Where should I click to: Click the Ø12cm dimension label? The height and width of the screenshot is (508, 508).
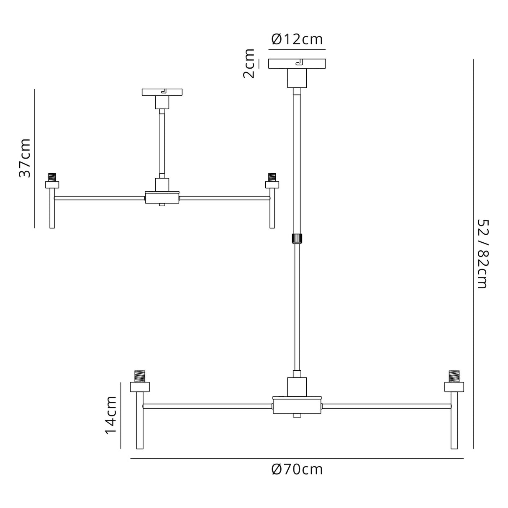(x=297, y=39)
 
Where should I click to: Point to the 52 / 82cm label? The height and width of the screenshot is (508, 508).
(x=482, y=254)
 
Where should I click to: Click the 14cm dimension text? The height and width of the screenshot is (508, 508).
(x=110, y=416)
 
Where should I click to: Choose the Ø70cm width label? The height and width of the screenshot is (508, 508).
(x=297, y=470)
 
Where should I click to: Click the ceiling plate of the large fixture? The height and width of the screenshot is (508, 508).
(x=297, y=64)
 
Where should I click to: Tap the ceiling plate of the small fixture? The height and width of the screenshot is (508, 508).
(x=162, y=92)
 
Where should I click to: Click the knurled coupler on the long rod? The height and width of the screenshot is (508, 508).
(x=297, y=238)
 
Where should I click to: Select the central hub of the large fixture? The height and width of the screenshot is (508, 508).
(x=297, y=405)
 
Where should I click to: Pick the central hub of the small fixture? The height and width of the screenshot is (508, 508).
(x=162, y=198)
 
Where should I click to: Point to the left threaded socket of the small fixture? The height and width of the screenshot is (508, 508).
(x=52, y=177)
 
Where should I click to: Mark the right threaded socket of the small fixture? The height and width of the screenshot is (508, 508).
(x=272, y=177)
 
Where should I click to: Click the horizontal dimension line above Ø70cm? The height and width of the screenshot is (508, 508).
(x=297, y=459)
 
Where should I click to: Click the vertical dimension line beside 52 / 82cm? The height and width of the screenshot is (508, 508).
(x=473, y=254)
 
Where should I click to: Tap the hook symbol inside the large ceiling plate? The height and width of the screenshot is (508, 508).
(x=299, y=63)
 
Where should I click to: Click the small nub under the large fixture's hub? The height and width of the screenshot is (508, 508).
(x=297, y=416)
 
